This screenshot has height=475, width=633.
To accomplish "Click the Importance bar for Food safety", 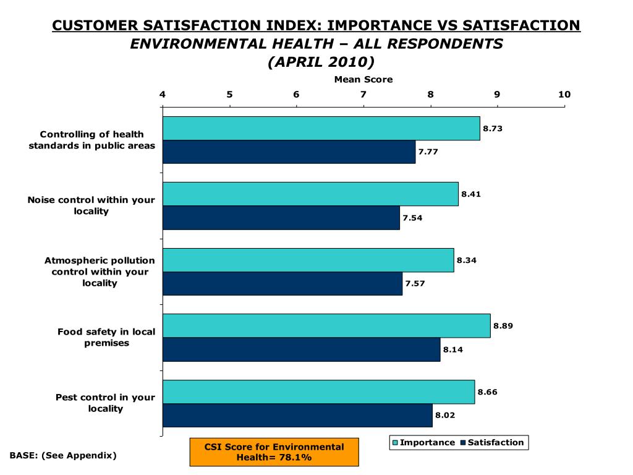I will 326,326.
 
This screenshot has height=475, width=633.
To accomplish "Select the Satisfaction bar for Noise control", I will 281,218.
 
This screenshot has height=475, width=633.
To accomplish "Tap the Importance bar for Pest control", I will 318,392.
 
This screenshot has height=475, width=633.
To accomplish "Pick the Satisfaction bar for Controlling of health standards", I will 289,152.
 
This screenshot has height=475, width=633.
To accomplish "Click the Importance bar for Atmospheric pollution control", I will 308,260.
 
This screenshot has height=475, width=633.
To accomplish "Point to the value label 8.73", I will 493,129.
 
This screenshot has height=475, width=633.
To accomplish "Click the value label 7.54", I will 412,218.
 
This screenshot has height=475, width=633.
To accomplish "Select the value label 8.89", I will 503,326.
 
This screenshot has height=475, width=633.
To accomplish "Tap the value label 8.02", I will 445,416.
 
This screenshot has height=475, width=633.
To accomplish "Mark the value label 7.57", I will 415,283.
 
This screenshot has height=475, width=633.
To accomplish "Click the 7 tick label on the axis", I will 363,95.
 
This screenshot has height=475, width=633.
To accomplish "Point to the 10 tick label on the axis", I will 564,95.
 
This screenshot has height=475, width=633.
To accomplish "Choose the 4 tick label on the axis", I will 163,95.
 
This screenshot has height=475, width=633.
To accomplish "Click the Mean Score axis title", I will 363,79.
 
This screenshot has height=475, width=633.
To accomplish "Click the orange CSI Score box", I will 274,452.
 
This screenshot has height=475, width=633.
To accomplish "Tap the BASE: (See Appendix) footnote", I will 63,455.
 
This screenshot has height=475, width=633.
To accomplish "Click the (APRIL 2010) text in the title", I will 316,62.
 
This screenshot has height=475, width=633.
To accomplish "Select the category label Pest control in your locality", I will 105,403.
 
